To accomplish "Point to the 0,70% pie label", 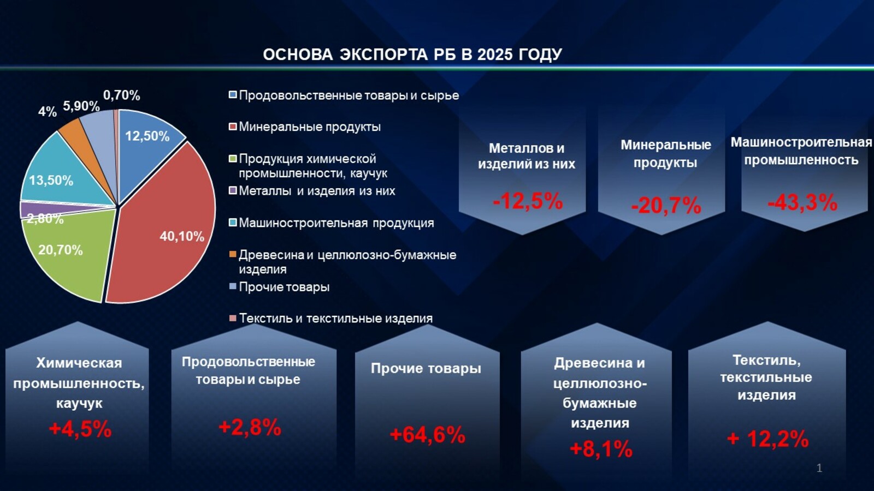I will click(122, 95).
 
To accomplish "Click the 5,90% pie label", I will click(81, 106).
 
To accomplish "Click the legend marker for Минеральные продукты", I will click(233, 127).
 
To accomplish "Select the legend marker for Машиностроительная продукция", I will click(233, 223).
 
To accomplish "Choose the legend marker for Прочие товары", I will click(233, 286).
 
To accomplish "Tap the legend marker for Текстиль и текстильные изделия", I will click(233, 318).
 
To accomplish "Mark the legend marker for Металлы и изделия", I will click(233, 191).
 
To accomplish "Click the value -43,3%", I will click(802, 202).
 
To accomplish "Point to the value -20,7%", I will click(666, 206).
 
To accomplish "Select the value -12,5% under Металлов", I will click(528, 201).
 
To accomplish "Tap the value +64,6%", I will click(427, 435).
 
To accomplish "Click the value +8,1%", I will click(601, 449).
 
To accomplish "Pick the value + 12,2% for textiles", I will click(767, 439).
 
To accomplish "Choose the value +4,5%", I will click(80, 429).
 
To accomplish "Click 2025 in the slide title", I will click(495, 55).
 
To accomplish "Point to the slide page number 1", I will click(819, 468).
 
